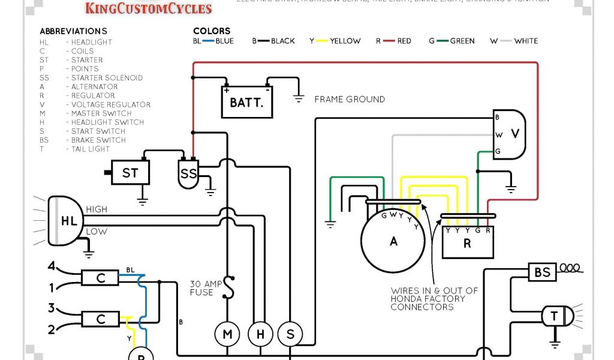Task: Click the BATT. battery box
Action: (246, 102)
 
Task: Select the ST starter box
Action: (130, 173)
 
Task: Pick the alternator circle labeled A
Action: (393, 241)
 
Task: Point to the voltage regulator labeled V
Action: (510, 134)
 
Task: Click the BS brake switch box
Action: (542, 272)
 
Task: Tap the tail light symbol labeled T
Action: (555, 316)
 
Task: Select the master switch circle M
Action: (227, 334)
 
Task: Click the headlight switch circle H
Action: (261, 334)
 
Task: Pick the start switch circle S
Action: (291, 334)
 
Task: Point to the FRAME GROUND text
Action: (350, 99)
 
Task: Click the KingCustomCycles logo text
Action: (149, 8)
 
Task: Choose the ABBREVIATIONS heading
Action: (73, 31)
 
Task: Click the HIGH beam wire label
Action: (97, 209)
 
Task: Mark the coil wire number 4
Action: (52, 266)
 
